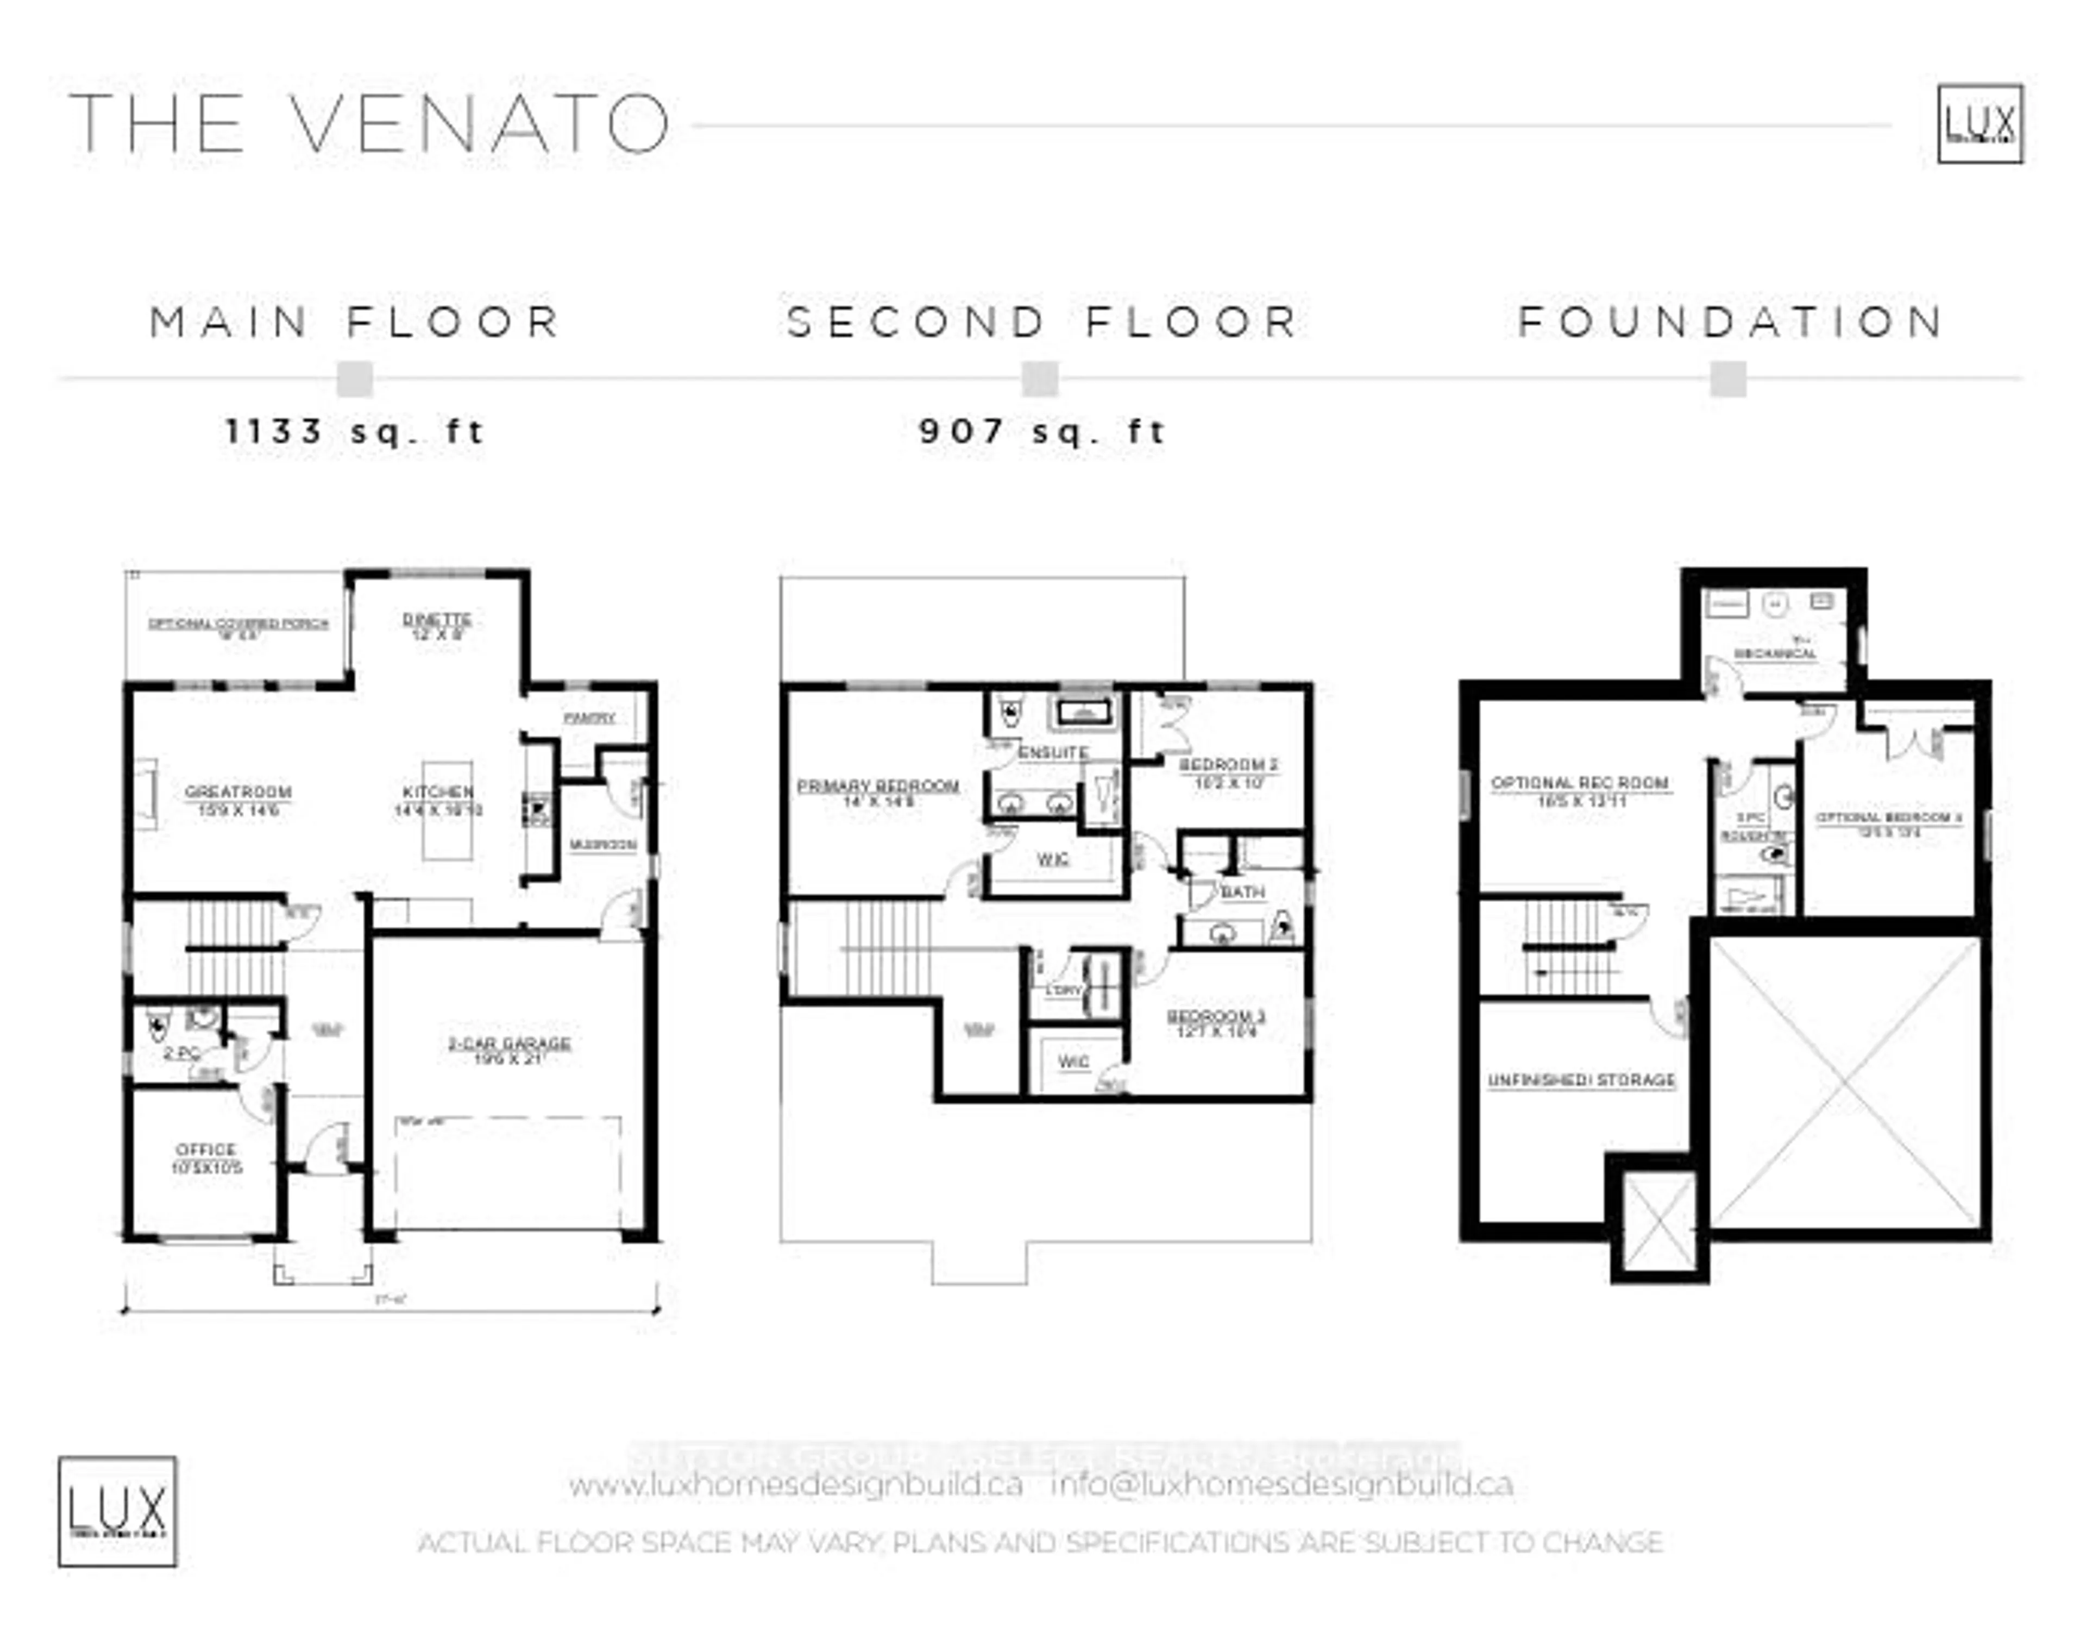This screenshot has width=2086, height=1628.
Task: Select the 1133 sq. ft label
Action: pyautogui.click(x=355, y=432)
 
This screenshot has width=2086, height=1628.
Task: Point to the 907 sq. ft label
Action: pyautogui.click(x=1041, y=432)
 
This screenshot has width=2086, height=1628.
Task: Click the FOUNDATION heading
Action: pyautogui.click(x=1731, y=322)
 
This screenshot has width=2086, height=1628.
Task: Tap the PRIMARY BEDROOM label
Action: pyautogui.click(x=878, y=787)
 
